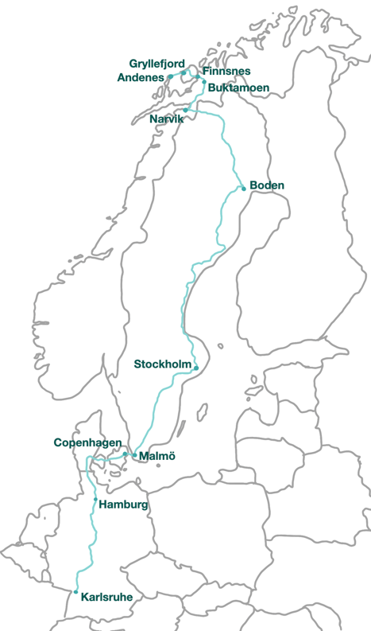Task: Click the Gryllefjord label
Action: (x=157, y=63)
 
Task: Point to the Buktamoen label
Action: (x=234, y=88)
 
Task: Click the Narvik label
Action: (x=166, y=119)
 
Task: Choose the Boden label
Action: (x=267, y=185)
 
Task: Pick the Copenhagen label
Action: (x=87, y=442)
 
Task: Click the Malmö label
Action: (x=157, y=457)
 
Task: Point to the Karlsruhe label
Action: (x=107, y=596)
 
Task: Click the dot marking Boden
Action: (x=243, y=189)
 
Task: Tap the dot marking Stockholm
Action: (x=196, y=368)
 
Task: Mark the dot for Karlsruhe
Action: (x=75, y=592)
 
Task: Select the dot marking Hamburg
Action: (x=95, y=500)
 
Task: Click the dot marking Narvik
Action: (x=185, y=111)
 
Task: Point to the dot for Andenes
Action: (x=170, y=77)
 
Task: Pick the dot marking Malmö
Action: (x=134, y=454)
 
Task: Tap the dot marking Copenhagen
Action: (x=125, y=454)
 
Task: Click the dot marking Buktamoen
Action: (x=204, y=82)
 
